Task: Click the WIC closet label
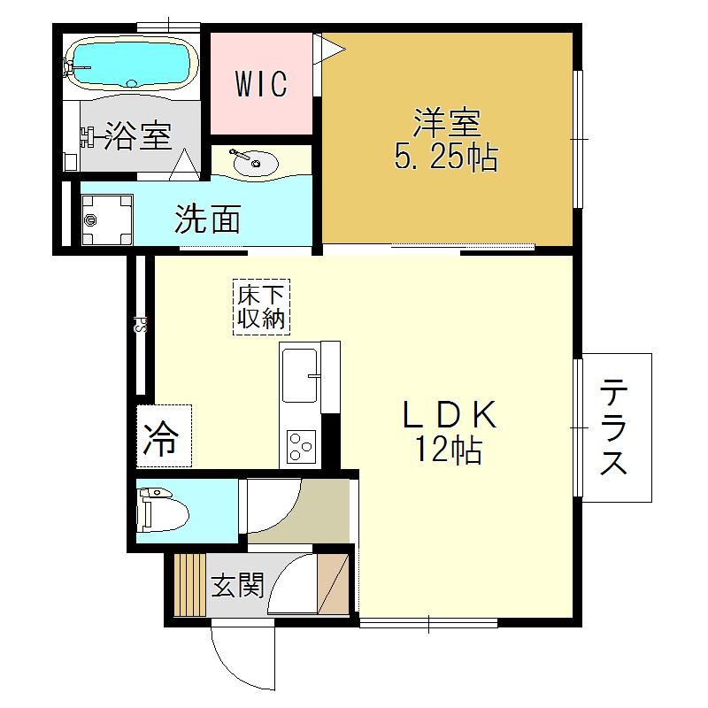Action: point(261,83)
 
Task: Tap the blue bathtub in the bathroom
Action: point(131,62)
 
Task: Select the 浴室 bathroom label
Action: point(138,136)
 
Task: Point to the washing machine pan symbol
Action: point(107,219)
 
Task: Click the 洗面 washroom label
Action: point(207,219)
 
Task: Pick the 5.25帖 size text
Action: point(446,158)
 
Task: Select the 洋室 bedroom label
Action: point(447,123)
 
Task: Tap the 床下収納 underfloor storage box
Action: point(261,307)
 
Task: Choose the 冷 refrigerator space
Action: point(164,435)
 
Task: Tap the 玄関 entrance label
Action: point(237,585)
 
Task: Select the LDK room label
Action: point(450,414)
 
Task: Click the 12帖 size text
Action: point(449,450)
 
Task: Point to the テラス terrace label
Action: point(614,427)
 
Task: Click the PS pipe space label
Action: point(141,324)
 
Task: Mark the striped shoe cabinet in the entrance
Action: point(189,584)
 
